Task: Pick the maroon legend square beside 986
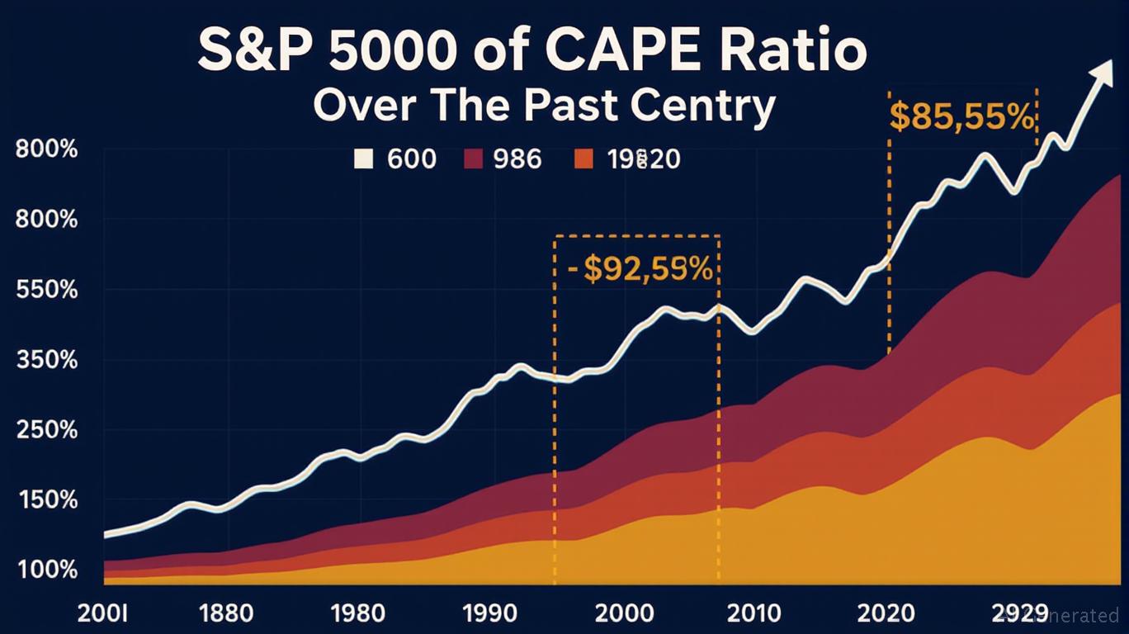[x=474, y=158]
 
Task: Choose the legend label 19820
[x=643, y=158]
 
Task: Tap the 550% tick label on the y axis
[x=46, y=291]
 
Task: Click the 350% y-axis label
[x=46, y=361]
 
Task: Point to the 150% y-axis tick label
[x=46, y=500]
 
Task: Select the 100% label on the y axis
[x=46, y=570]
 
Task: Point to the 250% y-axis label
[x=46, y=430]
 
